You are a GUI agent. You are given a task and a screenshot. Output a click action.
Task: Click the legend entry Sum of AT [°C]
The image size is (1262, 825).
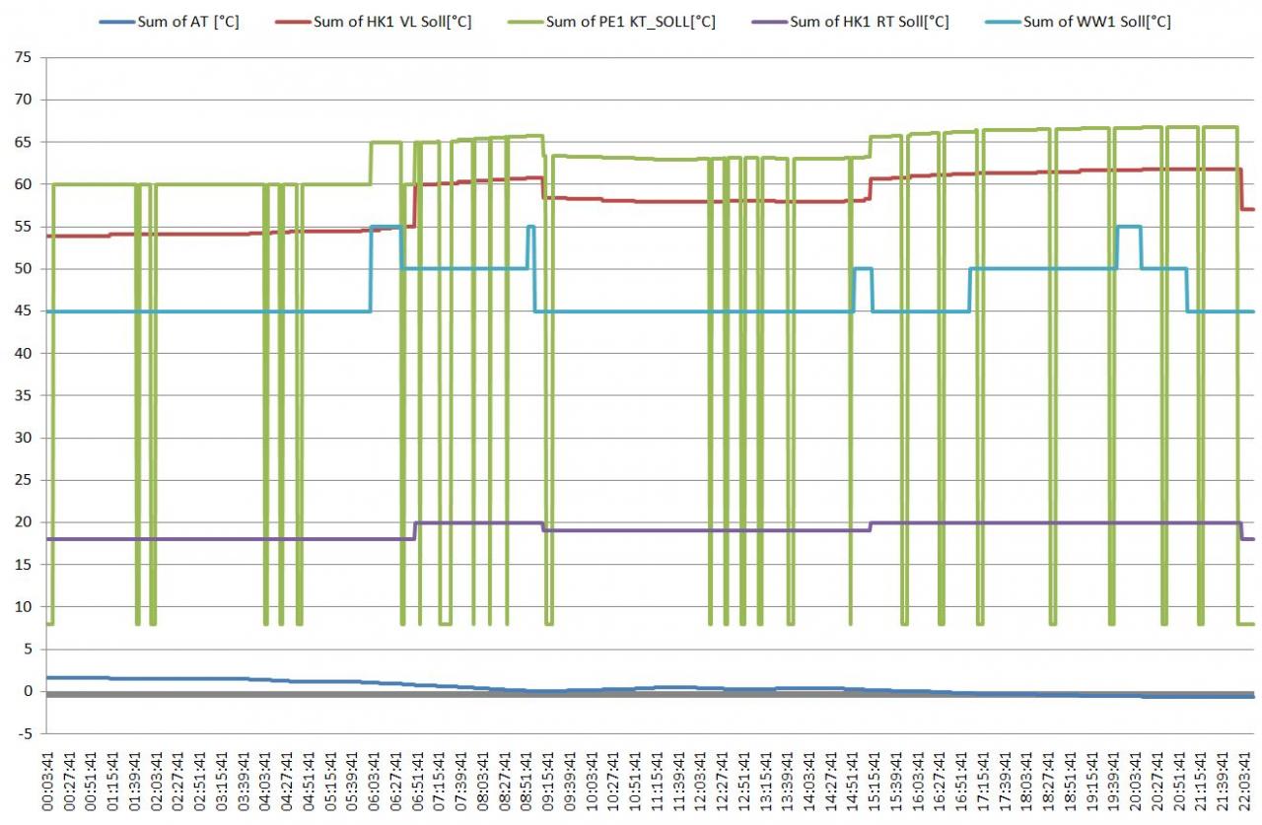pyautogui.click(x=188, y=21)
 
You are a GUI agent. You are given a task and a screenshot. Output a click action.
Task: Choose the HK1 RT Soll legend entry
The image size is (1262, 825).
pyautogui.click(x=869, y=21)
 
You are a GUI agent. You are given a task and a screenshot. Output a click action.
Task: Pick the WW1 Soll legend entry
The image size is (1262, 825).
pyautogui.click(x=1096, y=21)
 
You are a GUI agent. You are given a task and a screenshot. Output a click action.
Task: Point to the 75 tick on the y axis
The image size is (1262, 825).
pyautogui.click(x=23, y=58)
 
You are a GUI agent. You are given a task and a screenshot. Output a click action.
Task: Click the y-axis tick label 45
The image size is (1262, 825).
pyautogui.click(x=23, y=311)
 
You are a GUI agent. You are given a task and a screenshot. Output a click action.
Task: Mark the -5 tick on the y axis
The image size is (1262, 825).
pyautogui.click(x=25, y=733)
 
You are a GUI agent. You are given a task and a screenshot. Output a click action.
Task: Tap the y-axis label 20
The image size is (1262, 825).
pyautogui.click(x=23, y=522)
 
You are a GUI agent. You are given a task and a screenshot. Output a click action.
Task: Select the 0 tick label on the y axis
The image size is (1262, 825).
pyautogui.click(x=29, y=691)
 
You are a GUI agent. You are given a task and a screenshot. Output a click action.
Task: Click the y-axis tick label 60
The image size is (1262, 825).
pyautogui.click(x=23, y=184)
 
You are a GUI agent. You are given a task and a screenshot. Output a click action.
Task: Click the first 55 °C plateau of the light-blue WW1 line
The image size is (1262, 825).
pyautogui.click(x=386, y=227)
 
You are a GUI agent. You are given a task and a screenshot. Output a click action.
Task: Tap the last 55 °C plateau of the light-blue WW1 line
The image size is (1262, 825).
pyautogui.click(x=1129, y=227)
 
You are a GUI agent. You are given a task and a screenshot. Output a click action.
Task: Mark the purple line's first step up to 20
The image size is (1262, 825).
pyautogui.click(x=415, y=530)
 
